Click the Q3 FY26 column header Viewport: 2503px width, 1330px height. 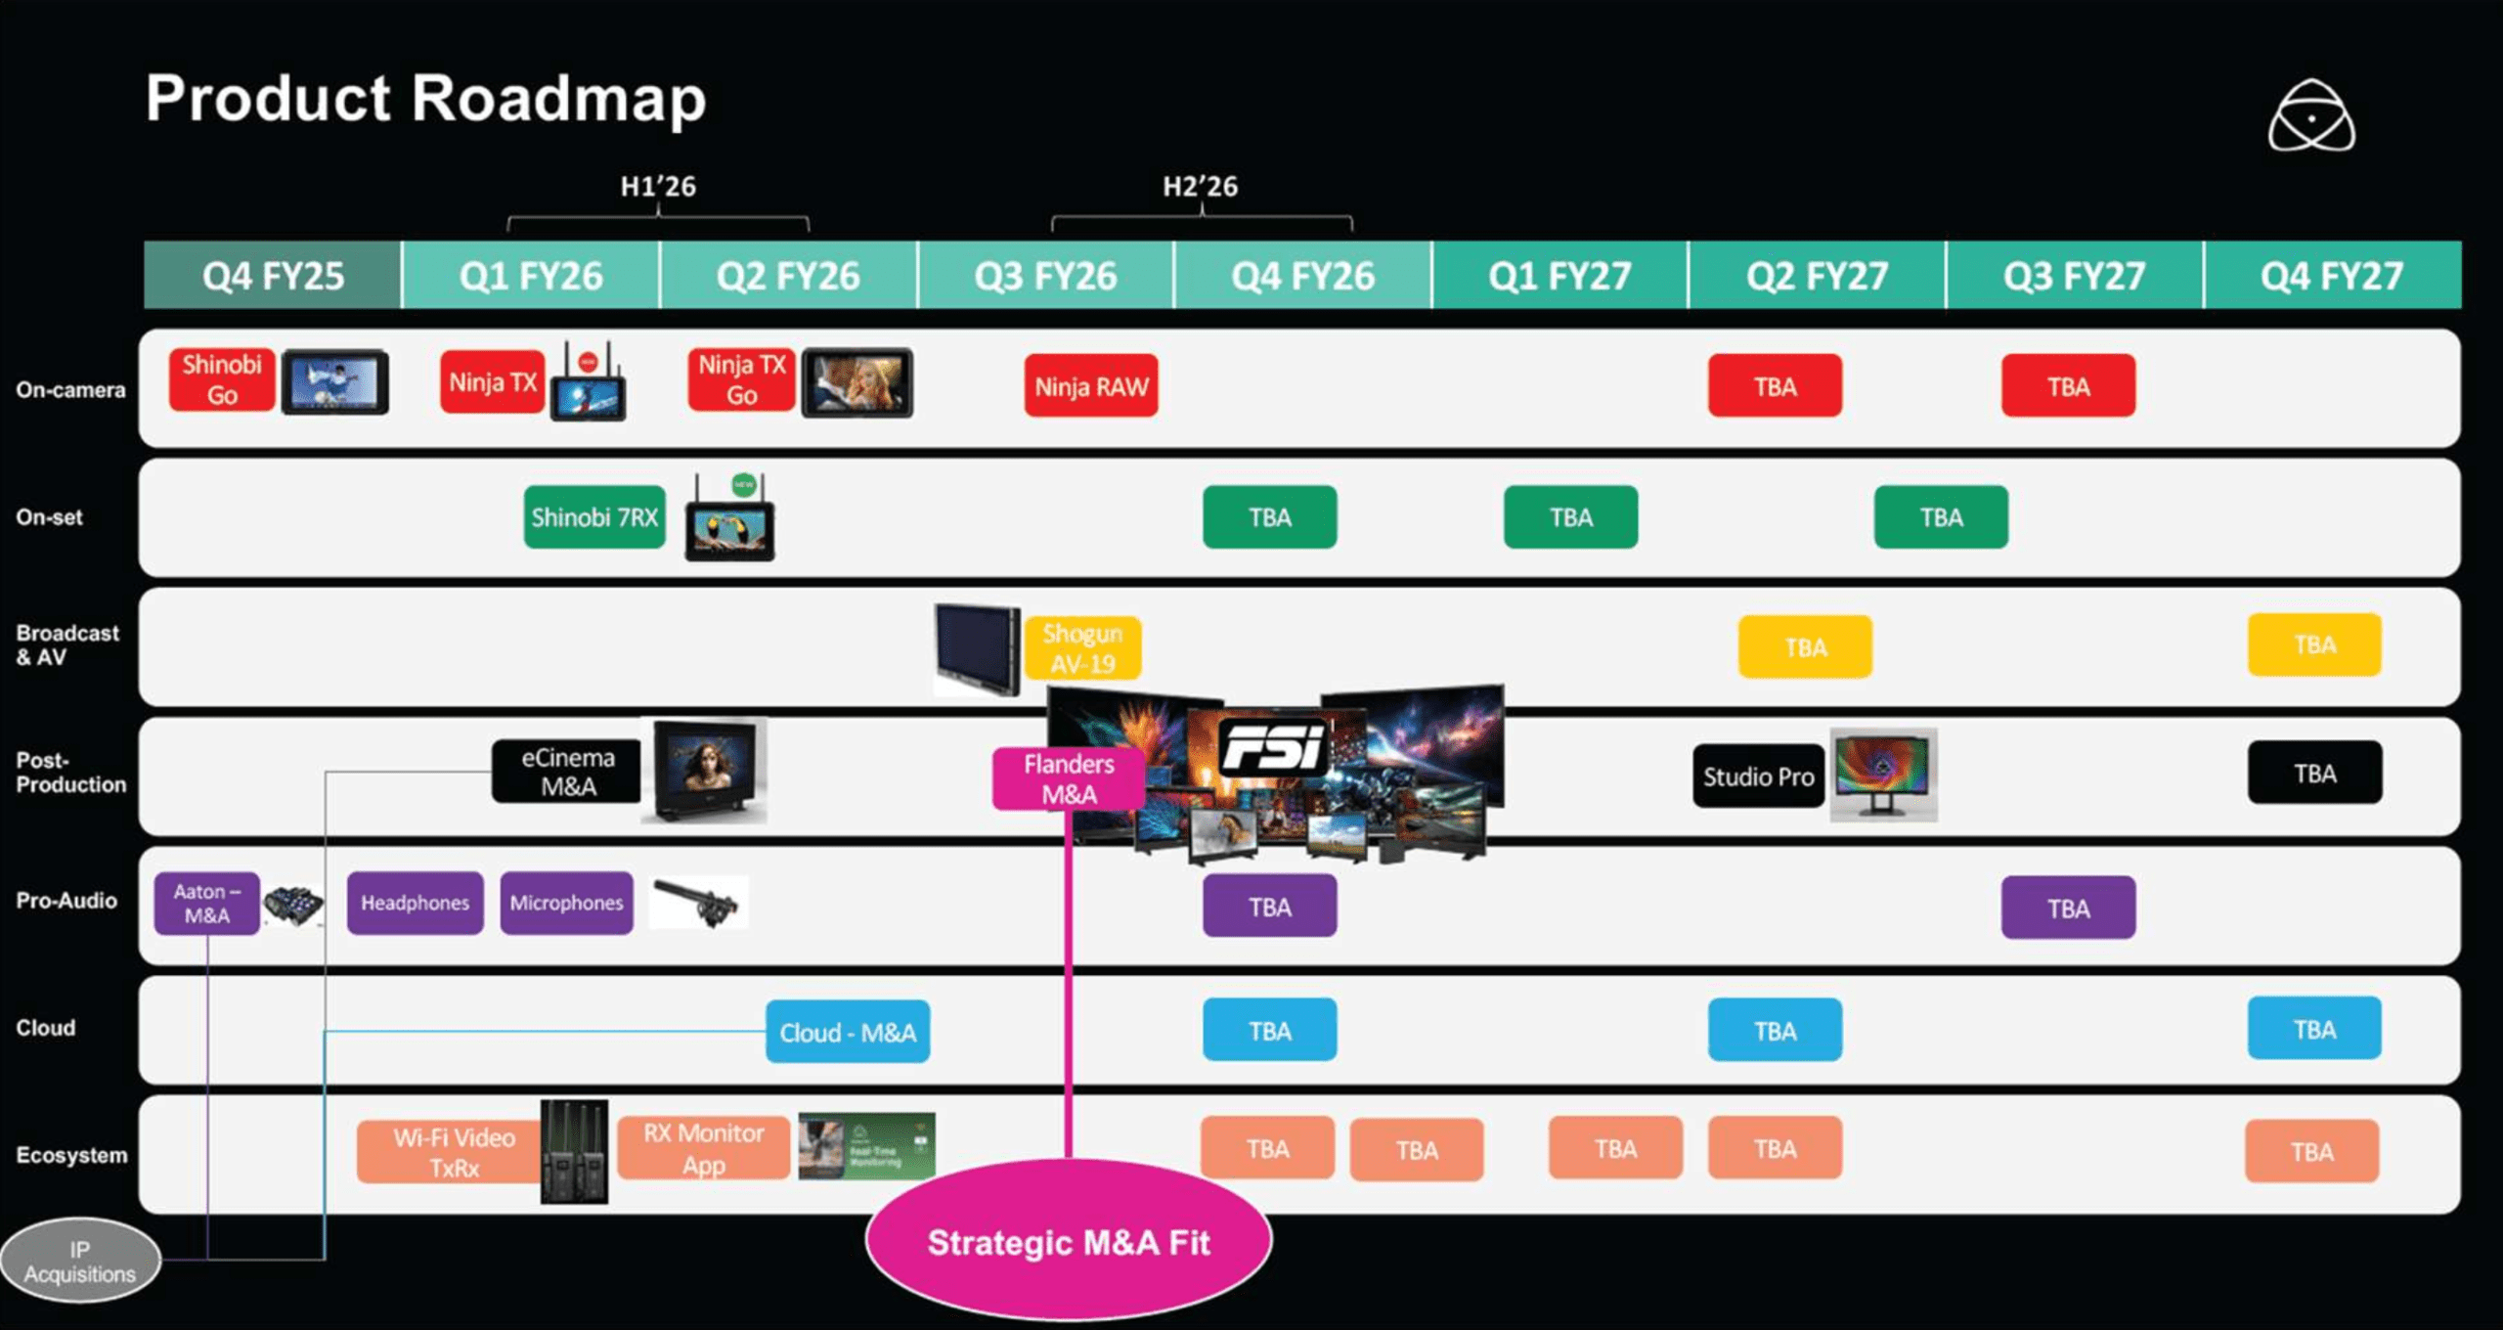pos(1045,276)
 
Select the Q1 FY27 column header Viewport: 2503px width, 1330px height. pos(1559,276)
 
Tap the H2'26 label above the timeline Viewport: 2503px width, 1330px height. pos(1200,186)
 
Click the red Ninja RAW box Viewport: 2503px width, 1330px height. pos(1091,386)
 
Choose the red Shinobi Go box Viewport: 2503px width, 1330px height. pos(222,379)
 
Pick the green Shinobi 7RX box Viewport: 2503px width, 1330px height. pos(594,516)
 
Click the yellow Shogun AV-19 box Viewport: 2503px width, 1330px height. pos(1082,647)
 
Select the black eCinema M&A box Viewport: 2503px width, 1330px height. pos(567,772)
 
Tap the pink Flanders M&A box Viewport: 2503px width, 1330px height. pos(1068,778)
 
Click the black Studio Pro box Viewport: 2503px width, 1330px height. pos(1758,776)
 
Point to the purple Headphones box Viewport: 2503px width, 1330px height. pos(415,903)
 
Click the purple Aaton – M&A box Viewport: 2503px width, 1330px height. pos(207,903)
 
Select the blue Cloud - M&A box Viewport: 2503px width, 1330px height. pos(848,1032)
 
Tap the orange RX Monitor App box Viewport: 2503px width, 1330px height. pos(703,1148)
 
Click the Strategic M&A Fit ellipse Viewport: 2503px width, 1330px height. pos(1068,1242)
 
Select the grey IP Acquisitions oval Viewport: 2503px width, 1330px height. pos(80,1261)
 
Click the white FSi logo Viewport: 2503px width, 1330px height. pos(1273,747)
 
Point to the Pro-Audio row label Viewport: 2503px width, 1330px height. pos(66,901)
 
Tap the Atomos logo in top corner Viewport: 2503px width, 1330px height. pos(2311,117)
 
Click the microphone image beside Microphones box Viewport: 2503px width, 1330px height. pos(698,901)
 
